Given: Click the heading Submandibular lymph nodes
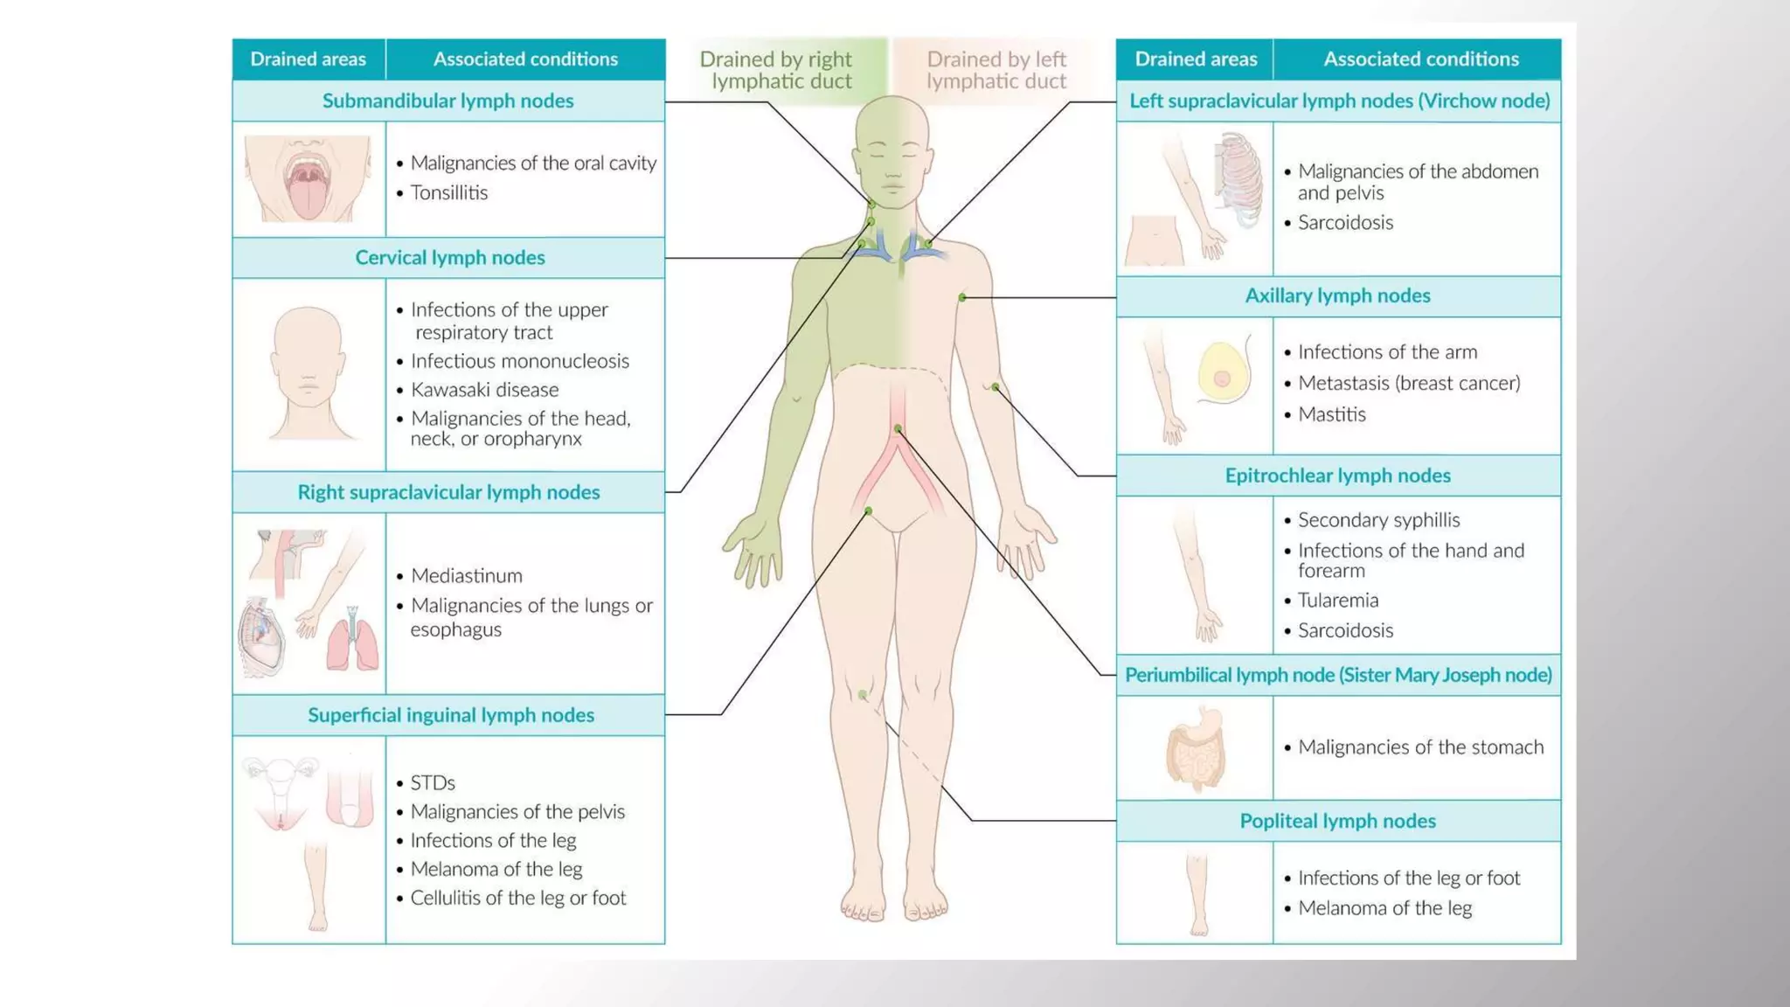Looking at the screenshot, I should pos(447,101).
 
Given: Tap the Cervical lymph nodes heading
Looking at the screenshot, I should pos(449,257).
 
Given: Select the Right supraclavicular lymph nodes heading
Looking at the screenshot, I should pos(448,492).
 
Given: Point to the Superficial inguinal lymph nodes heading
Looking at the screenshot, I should pos(450,715).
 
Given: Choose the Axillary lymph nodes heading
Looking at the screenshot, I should pos(1337,295).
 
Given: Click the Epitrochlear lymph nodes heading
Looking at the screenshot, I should pos(1337,476).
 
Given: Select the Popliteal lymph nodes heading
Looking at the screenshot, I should pos(1337,821).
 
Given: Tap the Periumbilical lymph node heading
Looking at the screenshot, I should pos(1337,675).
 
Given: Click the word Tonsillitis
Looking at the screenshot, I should pos(449,192).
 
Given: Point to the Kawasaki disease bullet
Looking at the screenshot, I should pos(484,390).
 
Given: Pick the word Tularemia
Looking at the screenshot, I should pos(1337,601).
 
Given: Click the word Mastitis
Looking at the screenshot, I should pos(1331,414).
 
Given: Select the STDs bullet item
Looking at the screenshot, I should pos(433,782).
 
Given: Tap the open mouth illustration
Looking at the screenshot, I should pos(307,178).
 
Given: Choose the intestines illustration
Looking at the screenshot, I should pos(1196,749).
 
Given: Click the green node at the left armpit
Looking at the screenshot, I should pos(962,298).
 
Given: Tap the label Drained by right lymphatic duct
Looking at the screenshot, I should pos(775,70).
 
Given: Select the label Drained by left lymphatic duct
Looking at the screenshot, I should pos(996,70).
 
